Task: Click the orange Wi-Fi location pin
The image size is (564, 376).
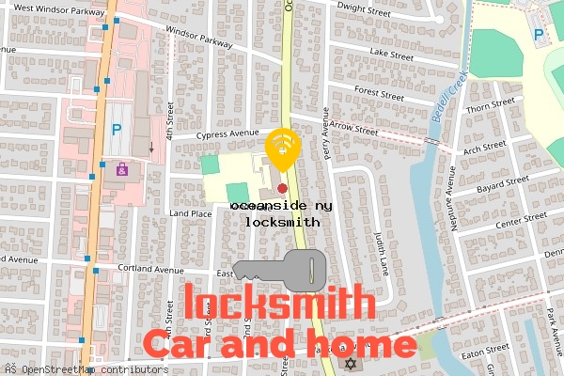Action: [282, 148]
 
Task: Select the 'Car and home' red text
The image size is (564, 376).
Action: [279, 344]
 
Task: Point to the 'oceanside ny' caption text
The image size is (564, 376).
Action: [281, 204]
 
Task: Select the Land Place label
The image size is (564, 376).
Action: [190, 213]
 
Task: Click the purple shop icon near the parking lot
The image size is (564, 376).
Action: [121, 170]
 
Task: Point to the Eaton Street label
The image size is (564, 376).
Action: [487, 349]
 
